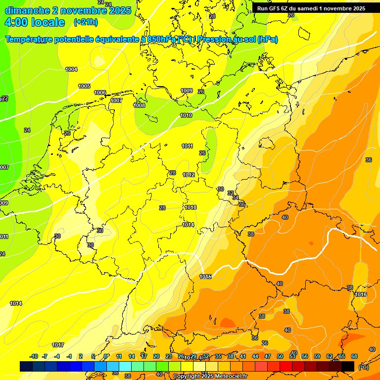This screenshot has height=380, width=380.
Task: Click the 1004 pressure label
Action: [71, 70]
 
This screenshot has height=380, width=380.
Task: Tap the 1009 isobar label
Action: [187, 91]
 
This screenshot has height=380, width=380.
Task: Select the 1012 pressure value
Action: [189, 175]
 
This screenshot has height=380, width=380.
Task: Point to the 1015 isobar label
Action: [205, 277]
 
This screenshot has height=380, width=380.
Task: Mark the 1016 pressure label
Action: [361, 294]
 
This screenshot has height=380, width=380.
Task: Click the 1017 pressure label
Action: [58, 345]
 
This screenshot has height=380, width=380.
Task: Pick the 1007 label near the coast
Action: [116, 100]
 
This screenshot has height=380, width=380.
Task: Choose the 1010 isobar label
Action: [186, 115]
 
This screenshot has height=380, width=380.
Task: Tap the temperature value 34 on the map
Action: [236, 197]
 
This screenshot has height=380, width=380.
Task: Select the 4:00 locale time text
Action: [35, 22]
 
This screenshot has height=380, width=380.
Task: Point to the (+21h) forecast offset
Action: [85, 22]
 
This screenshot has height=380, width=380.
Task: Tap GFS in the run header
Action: [275, 8]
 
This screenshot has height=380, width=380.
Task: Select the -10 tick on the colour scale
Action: [34, 356]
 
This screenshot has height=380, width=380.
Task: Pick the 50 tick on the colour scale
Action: [280, 356]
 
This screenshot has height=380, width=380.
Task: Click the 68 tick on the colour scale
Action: [354, 356]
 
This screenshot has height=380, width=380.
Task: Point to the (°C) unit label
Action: [363, 367]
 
